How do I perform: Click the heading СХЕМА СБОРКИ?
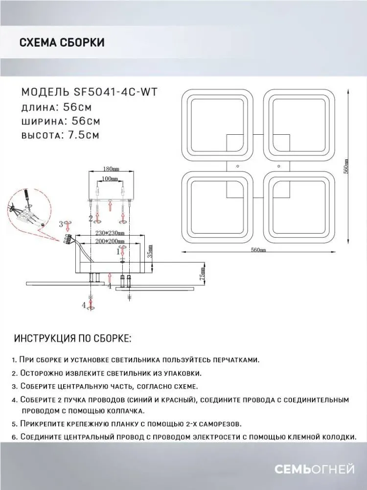[x=62, y=43]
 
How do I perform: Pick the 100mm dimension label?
[x=111, y=180]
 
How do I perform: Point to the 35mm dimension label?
[x=151, y=253]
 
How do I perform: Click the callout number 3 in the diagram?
[x=61, y=224]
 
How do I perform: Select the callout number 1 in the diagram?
[x=118, y=251]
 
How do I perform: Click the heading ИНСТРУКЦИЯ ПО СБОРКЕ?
[x=73, y=339]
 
